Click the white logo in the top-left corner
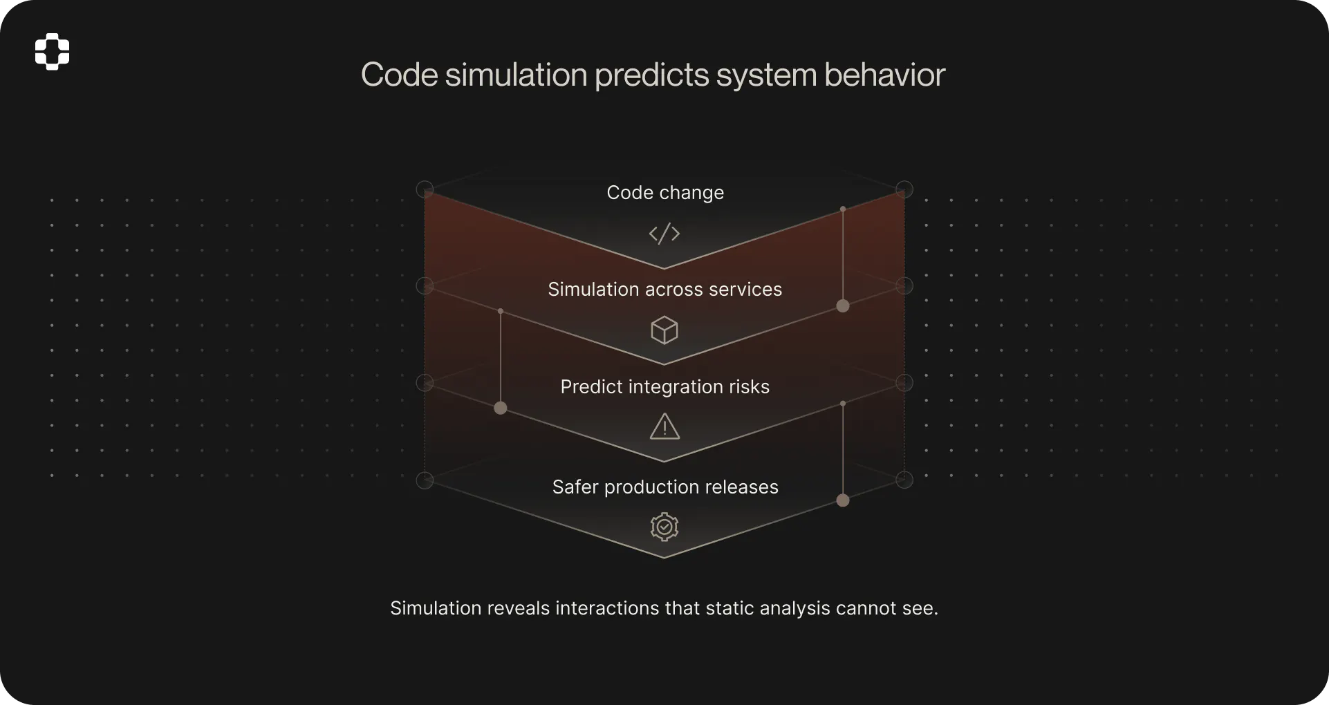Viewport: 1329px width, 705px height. point(53,52)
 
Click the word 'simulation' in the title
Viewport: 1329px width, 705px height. point(516,75)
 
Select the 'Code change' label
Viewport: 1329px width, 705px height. point(665,192)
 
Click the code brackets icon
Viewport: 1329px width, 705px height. point(664,234)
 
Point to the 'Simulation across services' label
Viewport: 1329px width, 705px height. point(665,289)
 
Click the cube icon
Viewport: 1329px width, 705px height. point(664,330)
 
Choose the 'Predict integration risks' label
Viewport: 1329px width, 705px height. point(665,386)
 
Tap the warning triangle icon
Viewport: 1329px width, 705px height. point(664,427)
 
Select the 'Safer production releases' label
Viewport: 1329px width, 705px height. point(665,487)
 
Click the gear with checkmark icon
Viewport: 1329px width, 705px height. point(664,527)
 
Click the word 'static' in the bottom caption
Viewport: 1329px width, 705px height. point(729,608)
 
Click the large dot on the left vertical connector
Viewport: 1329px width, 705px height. point(501,408)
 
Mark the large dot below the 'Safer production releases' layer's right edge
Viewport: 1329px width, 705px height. point(843,500)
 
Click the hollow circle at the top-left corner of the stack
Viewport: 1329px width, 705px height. point(425,189)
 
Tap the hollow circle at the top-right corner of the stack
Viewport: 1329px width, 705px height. point(904,189)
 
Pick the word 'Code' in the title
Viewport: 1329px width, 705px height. point(400,75)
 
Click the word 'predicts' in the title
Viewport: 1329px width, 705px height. point(651,75)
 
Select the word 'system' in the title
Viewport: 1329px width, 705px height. point(766,75)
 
